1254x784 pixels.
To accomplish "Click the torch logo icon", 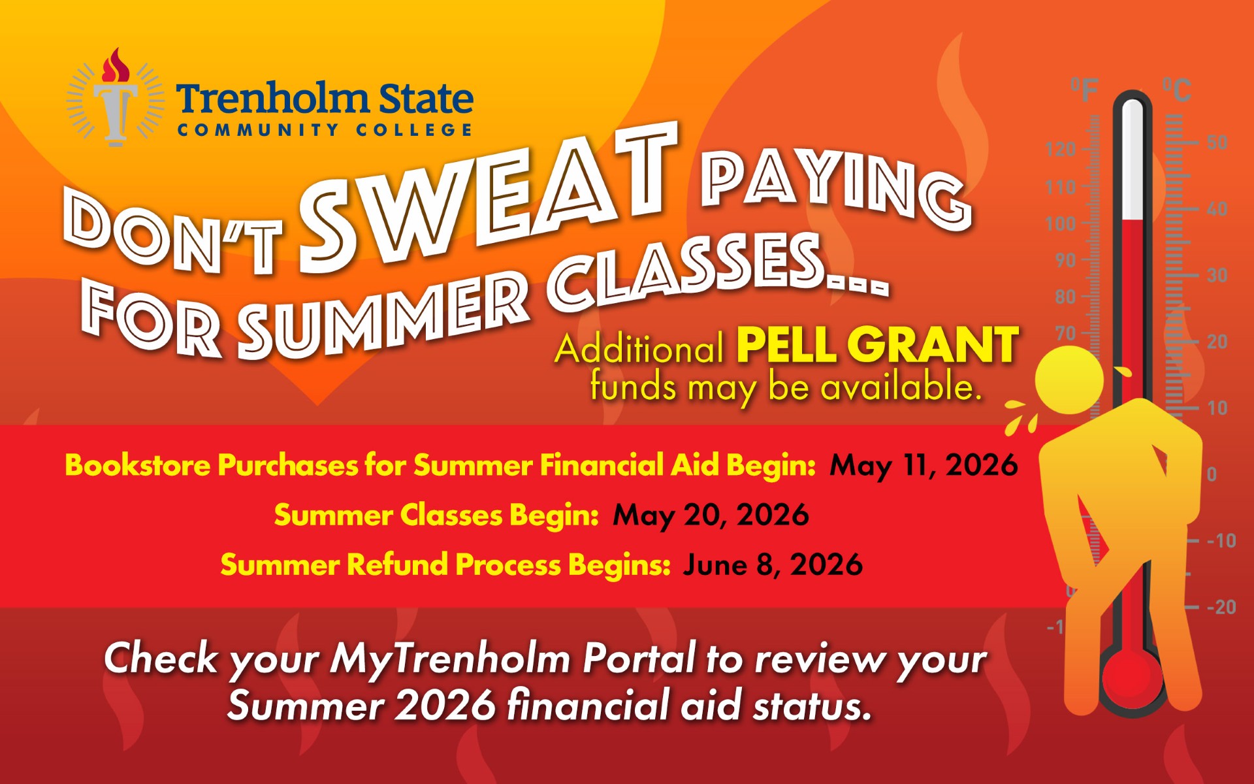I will [116, 98].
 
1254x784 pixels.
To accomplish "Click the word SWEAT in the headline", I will [483, 196].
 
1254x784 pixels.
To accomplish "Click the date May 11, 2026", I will [924, 465].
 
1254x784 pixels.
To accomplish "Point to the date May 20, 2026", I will [711, 515].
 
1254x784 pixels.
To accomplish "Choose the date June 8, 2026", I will [773, 564].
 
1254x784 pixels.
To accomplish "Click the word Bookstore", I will [137, 465].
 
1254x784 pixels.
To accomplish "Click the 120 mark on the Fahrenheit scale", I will [1060, 149].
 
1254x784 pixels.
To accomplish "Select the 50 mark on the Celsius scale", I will [1217, 142].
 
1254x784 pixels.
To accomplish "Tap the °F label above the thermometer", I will [1084, 90].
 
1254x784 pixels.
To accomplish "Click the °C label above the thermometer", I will [1177, 90].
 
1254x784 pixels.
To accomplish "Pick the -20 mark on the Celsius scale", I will [1221, 607].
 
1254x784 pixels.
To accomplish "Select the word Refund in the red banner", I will [396, 564].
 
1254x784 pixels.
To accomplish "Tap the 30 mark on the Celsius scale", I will [1217, 275].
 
